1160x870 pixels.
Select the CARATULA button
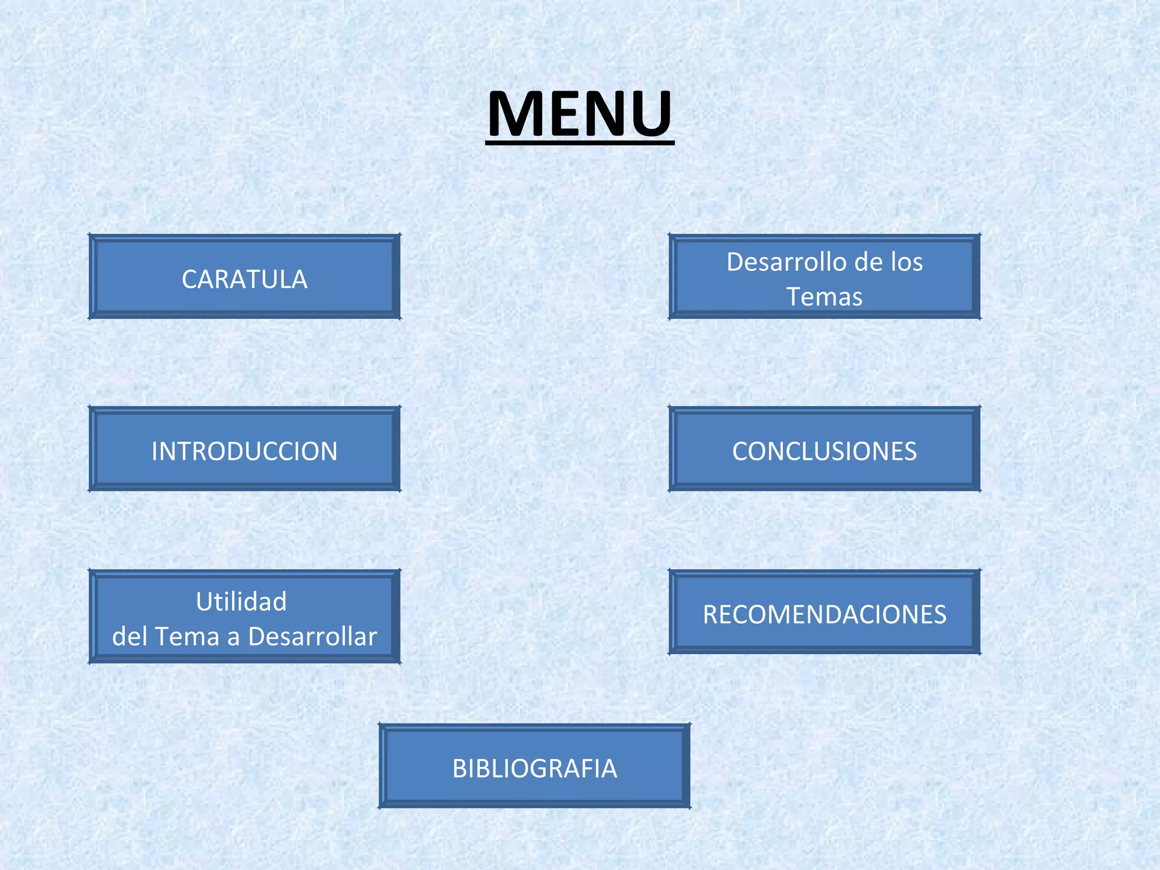[244, 278]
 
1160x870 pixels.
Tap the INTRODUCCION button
[244, 450]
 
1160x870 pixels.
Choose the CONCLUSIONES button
[824, 450]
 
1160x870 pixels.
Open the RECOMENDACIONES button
[824, 613]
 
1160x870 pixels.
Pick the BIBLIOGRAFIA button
[534, 767]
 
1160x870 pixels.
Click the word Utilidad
[241, 602]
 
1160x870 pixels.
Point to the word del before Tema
[130, 637]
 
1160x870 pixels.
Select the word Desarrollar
[313, 637]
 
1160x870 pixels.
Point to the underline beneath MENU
[579, 143]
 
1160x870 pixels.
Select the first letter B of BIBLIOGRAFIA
[460, 769]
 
